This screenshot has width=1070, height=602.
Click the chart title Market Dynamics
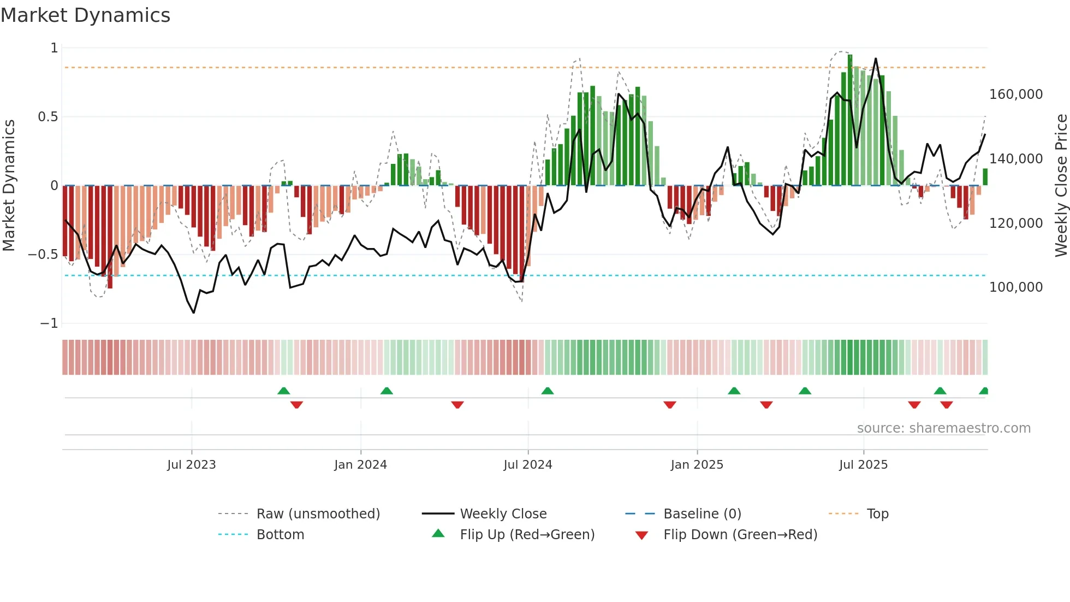[85, 15]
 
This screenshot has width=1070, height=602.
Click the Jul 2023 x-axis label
[191, 465]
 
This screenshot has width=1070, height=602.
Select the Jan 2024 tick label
[360, 465]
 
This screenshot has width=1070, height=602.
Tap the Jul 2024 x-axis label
[527, 465]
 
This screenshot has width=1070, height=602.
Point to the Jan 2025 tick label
[697, 465]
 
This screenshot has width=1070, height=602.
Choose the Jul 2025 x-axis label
[863, 465]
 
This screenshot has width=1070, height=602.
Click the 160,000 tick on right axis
[1015, 95]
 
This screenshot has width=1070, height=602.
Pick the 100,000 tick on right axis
[1015, 287]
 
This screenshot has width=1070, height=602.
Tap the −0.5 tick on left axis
[43, 255]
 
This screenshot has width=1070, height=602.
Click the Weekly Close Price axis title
[1061, 186]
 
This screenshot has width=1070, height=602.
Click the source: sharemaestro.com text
[943, 428]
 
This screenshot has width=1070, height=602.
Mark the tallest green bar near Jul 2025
[850, 120]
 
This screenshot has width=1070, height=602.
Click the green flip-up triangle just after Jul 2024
[548, 391]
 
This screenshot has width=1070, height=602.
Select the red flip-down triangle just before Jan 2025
[670, 405]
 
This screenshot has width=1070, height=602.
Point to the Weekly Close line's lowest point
[194, 312]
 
